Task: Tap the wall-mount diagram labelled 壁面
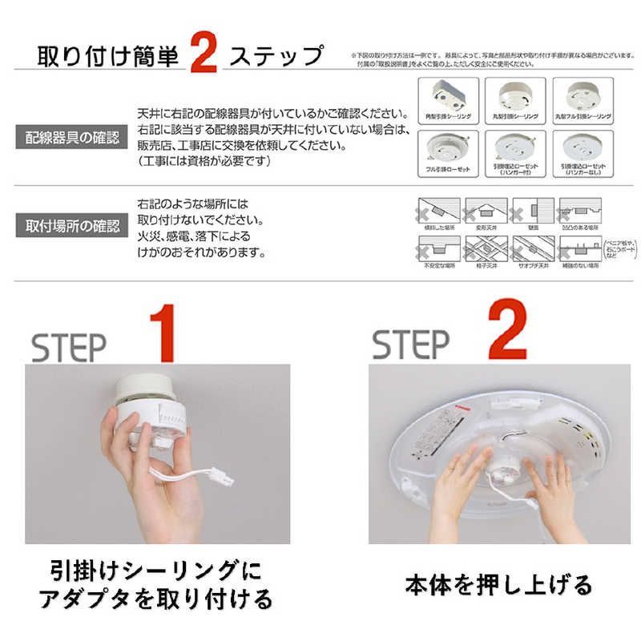click(x=532, y=212)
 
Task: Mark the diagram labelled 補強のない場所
click(x=579, y=250)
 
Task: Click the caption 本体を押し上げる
click(x=498, y=584)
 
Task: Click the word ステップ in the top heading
click(x=276, y=58)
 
